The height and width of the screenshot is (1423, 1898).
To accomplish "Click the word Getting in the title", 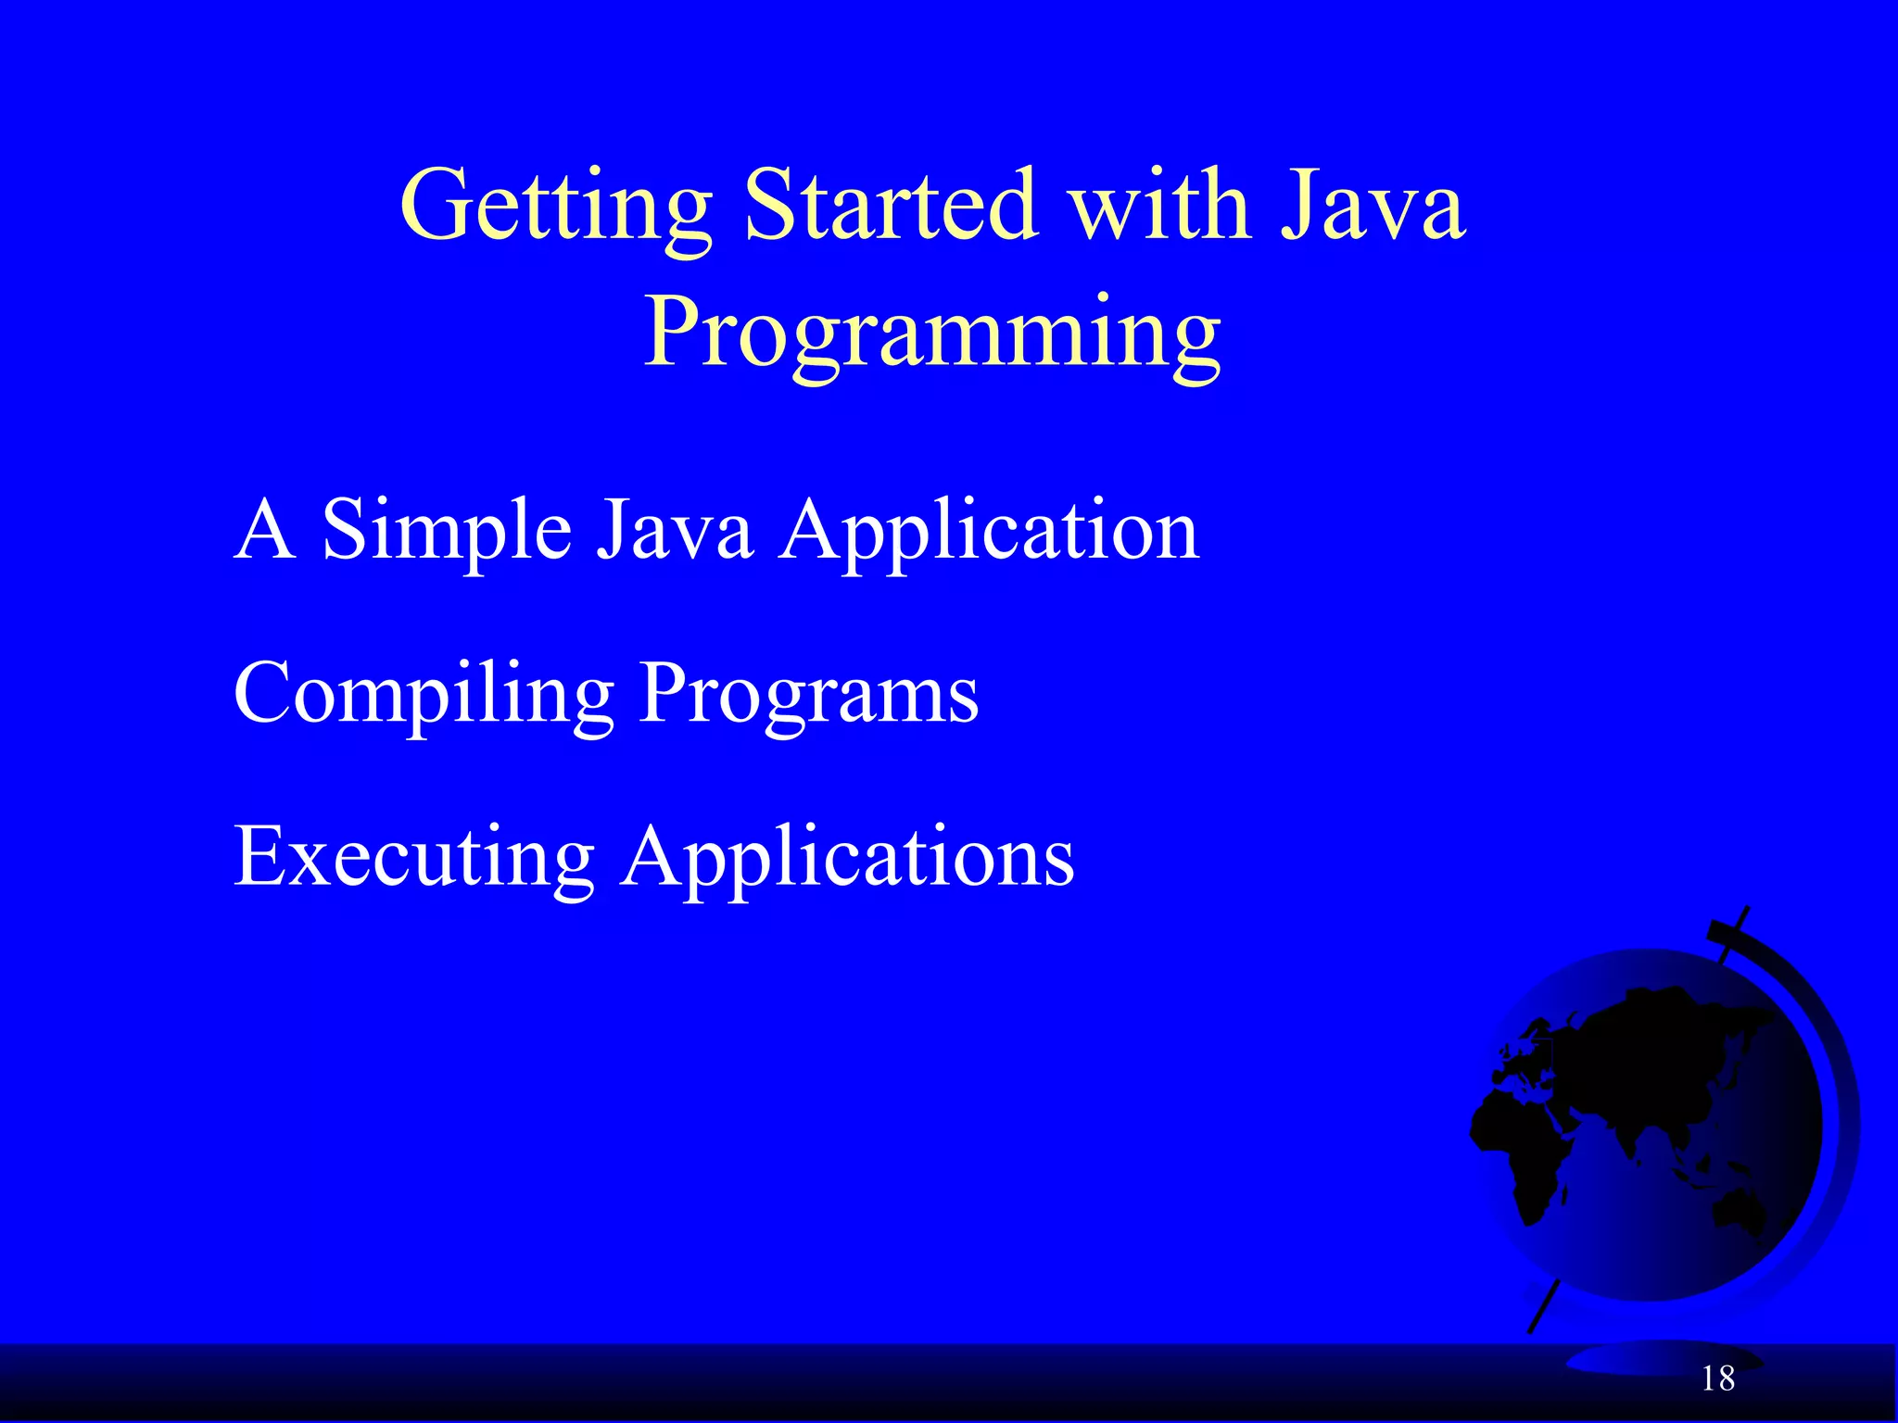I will tap(556, 206).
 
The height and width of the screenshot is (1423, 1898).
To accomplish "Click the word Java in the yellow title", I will tap(1372, 206).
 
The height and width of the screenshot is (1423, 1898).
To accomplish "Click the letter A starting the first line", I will tap(265, 530).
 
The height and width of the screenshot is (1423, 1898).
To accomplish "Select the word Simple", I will tap(447, 532).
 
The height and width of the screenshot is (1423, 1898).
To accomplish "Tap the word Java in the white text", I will tap(674, 530).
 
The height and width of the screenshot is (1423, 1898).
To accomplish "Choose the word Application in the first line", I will tap(989, 532).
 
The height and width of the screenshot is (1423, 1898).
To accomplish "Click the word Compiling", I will tap(424, 695).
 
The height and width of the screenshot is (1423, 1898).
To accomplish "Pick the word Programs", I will tap(808, 695).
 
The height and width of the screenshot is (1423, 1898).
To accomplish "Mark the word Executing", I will tap(413, 858).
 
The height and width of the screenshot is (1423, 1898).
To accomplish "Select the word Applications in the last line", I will tap(847, 858).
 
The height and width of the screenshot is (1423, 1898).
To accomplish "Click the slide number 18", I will tap(1717, 1379).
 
